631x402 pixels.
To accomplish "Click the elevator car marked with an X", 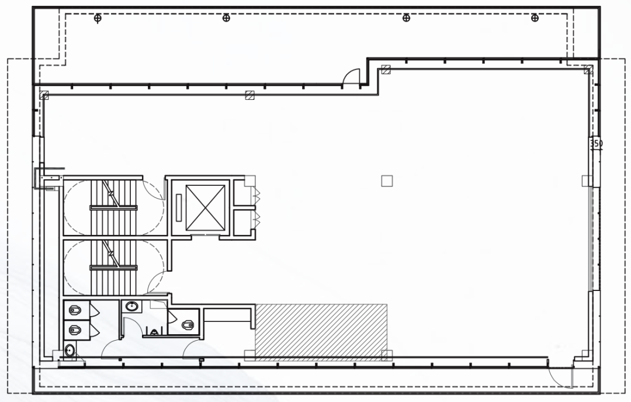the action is click(x=205, y=207).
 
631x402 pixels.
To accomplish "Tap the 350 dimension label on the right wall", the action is click(x=596, y=143).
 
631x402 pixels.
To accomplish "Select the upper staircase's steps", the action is click(x=114, y=207).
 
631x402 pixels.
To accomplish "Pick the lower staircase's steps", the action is click(x=114, y=268).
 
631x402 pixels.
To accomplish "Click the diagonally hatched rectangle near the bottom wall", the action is click(x=321, y=330).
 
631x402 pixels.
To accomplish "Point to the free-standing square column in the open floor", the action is click(x=387, y=181).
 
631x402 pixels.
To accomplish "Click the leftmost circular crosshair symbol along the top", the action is click(x=98, y=18).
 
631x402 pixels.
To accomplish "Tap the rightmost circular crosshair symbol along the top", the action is click(x=535, y=18).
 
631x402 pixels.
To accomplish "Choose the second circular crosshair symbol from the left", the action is click(x=226, y=18).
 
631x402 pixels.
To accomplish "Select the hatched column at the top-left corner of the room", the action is click(x=44, y=95).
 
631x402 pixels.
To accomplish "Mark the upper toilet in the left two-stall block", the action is click(x=75, y=310).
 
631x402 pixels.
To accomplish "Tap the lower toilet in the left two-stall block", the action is click(x=75, y=331).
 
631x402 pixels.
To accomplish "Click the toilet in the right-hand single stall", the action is click(x=188, y=324).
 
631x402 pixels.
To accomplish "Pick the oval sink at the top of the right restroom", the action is click(x=131, y=307).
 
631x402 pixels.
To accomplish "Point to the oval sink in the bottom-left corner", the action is click(x=70, y=350).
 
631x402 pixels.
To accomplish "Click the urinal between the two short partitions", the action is click(x=154, y=332).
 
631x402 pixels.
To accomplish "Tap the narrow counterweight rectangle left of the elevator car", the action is click(x=179, y=207).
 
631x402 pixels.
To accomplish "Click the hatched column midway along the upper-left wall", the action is click(x=250, y=95).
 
